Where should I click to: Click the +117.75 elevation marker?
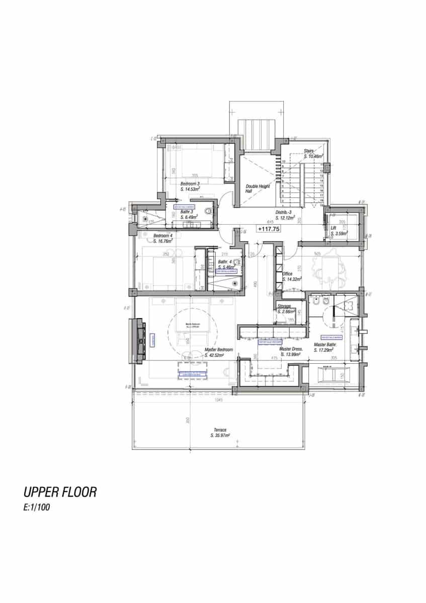click(x=269, y=229)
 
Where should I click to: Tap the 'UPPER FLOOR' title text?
click(x=60, y=492)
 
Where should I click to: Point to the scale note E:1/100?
click(x=36, y=508)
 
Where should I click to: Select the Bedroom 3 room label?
click(x=190, y=184)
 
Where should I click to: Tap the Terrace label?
click(x=220, y=430)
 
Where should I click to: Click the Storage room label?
click(x=284, y=306)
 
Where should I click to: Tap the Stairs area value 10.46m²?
click(x=314, y=157)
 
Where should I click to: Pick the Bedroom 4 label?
click(x=163, y=236)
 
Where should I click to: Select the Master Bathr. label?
click(x=325, y=345)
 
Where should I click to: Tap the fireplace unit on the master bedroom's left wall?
click(x=137, y=340)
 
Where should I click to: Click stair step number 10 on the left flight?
click(x=284, y=161)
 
